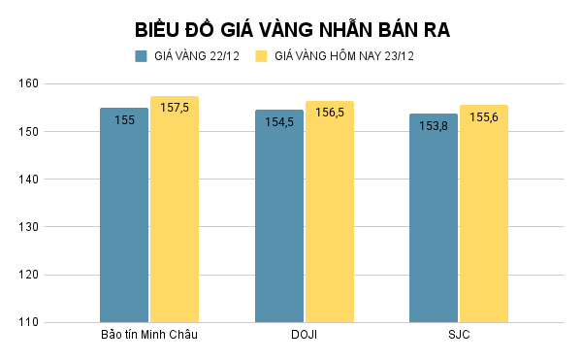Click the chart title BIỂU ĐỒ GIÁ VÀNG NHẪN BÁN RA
tap(292, 29)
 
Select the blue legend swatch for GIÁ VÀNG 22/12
tap(142, 56)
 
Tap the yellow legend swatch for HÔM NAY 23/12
tap(262, 56)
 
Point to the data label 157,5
tap(175, 108)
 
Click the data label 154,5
tap(279, 122)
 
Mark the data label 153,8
tap(434, 126)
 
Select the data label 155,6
tap(484, 117)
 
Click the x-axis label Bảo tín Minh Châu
tap(149, 336)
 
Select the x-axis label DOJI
tap(304, 336)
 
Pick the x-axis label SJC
tap(459, 336)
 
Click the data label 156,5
tap(330, 113)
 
